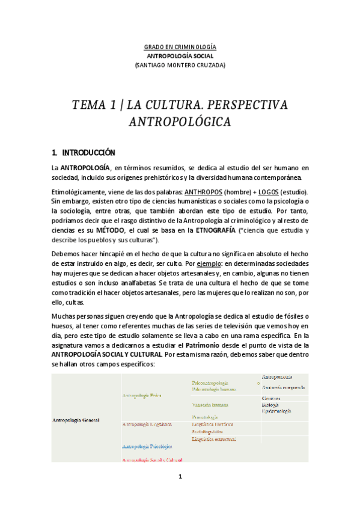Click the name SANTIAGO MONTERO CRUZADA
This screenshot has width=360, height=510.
click(x=180, y=66)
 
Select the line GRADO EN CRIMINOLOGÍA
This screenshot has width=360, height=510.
click(x=180, y=47)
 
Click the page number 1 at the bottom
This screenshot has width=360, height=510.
click(x=180, y=478)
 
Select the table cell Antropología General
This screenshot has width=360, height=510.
click(x=76, y=420)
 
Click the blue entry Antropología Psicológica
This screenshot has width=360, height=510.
click(x=147, y=446)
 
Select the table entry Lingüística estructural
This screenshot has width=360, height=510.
click(x=214, y=439)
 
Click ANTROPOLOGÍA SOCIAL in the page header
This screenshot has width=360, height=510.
click(x=180, y=56)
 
